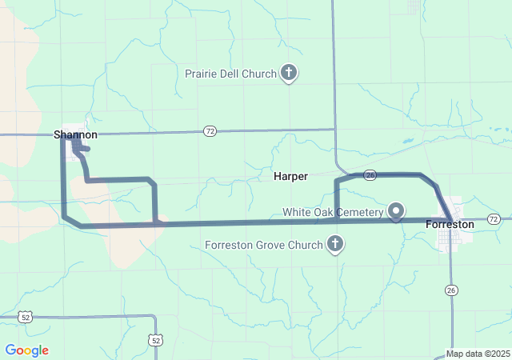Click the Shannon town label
[76, 134]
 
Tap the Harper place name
[290, 176]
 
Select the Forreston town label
[450, 225]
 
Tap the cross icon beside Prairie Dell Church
[289, 74]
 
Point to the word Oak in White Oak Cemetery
[325, 212]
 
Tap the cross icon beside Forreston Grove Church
[335, 244]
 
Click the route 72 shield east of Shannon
[210, 130]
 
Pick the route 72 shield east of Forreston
[494, 218]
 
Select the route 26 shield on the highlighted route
[369, 174]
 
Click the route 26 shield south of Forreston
[453, 290]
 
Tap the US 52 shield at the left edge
[26, 318]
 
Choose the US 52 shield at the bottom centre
[155, 341]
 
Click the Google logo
[26, 350]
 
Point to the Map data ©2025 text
[477, 354]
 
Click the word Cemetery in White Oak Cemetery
[359, 212]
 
